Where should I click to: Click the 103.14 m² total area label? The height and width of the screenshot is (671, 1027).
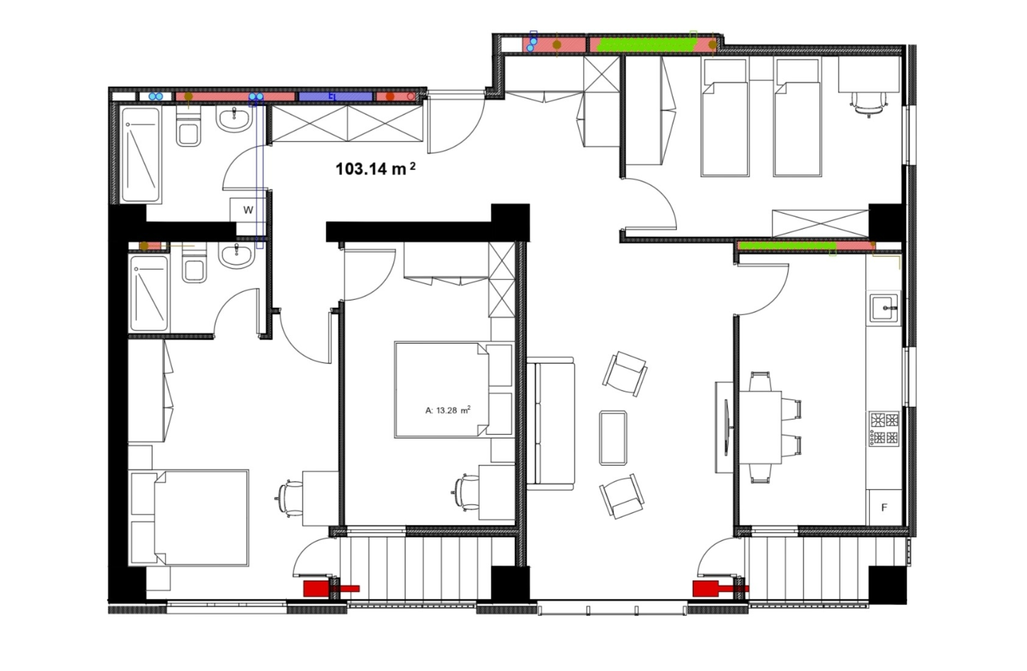[376, 169]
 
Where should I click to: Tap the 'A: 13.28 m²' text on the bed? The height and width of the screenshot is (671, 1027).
[448, 410]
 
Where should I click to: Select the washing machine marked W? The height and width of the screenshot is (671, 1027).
[248, 210]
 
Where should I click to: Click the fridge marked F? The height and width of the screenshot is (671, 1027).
[884, 507]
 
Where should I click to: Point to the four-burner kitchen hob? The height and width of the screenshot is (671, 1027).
[884, 429]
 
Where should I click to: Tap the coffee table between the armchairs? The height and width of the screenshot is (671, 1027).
[613, 438]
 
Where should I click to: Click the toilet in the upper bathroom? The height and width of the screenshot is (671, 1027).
[189, 129]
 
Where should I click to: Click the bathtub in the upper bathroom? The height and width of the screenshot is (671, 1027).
[141, 154]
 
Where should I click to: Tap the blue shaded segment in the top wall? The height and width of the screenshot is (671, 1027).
[335, 96]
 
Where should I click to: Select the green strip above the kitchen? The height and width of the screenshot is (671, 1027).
[787, 246]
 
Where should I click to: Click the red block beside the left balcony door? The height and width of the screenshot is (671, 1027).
[316, 588]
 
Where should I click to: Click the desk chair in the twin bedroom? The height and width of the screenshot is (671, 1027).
[869, 104]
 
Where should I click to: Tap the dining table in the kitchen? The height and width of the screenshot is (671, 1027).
[760, 428]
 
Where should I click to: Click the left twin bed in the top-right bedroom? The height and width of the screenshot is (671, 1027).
[725, 116]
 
